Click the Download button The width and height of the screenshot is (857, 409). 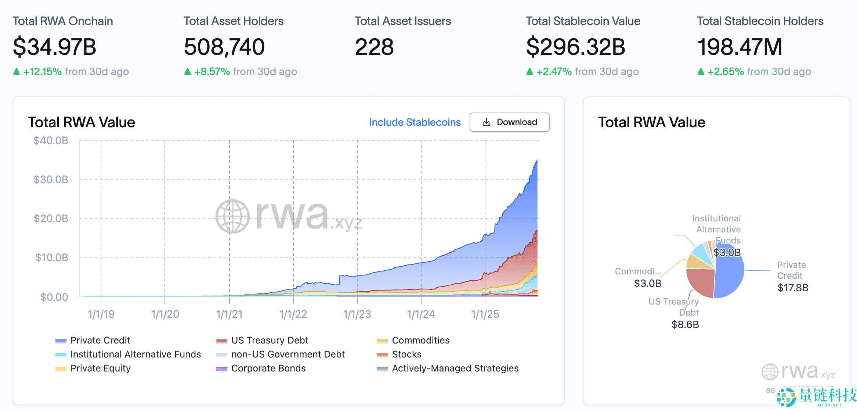coord(509,122)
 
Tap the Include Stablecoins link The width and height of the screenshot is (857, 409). coord(415,122)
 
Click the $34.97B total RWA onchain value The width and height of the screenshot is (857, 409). coord(55,47)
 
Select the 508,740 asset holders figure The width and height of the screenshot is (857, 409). coord(224,47)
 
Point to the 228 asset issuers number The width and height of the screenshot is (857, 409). coord(374,47)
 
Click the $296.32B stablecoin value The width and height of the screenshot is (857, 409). coord(575,47)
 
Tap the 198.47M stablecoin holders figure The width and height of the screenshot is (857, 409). coord(740,47)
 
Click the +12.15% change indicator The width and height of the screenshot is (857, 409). coord(42,71)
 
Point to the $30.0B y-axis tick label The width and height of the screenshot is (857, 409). coord(51,179)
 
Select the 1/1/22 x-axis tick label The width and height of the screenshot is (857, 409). coord(293,314)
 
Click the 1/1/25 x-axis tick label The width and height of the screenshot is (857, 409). coord(485,314)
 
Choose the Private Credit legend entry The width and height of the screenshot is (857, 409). coord(100,340)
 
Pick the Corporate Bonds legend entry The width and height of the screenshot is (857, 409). coord(268,368)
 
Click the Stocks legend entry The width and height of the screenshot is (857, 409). coord(406,354)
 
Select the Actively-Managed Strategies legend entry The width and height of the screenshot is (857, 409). coord(455,368)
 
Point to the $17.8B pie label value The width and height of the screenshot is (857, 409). coord(793,288)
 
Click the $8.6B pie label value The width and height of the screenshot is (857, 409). coord(685,324)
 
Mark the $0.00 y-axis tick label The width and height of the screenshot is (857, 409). coord(54,297)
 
